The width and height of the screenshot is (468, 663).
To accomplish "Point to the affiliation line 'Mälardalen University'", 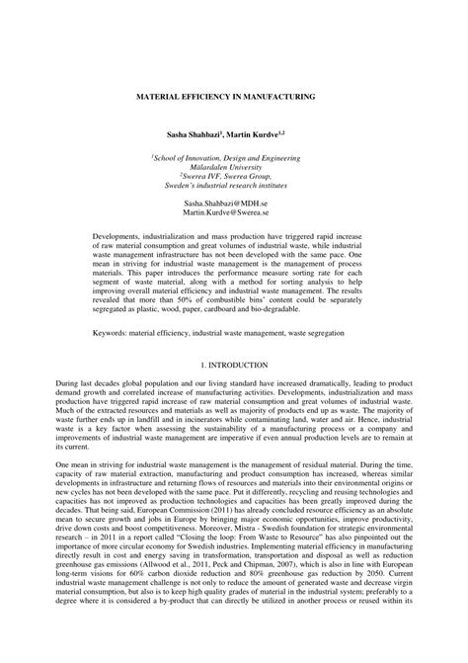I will pyautogui.click(x=233, y=166).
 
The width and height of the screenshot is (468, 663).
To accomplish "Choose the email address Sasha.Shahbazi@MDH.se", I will pyautogui.click(x=233, y=200).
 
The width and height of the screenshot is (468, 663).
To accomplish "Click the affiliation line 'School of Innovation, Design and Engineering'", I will pyautogui.click(x=234, y=156).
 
